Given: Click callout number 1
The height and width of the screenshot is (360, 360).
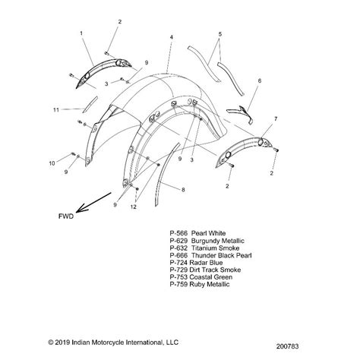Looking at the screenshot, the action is pos(81,33).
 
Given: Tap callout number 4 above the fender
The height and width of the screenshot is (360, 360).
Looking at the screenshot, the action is pos(172,37).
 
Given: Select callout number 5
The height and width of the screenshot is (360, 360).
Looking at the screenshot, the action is pos(220,34).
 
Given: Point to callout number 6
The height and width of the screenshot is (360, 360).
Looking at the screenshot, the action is pos(260,81).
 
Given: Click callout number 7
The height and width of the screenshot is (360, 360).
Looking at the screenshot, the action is pos(276,118).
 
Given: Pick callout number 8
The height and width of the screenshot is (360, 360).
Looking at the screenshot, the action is pos(183,190).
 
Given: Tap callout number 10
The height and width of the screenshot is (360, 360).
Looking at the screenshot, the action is pos(52,163).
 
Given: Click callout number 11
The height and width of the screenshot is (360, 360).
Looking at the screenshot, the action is pos(56,109).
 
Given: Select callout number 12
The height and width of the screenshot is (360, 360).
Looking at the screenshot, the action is pos(134,207).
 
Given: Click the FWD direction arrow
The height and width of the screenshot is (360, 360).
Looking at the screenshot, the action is pos(93,202).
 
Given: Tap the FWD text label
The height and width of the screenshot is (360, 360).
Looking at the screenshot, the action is pos(66,216).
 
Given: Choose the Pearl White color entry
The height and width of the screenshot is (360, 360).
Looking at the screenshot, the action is pos(197,233).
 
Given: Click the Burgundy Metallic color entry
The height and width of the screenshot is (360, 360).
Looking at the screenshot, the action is pos(207,241).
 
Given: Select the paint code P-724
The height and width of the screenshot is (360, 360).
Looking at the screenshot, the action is pos(178,263).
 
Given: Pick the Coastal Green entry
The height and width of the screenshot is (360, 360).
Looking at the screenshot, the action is pos(201,277).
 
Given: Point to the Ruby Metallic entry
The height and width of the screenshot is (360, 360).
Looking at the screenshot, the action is pos(200,284).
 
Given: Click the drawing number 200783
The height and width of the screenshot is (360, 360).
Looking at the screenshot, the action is pos(287,346).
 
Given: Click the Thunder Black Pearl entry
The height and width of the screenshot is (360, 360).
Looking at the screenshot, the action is pos(210,255).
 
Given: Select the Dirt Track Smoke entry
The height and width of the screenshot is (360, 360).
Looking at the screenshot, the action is pos(205,270).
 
